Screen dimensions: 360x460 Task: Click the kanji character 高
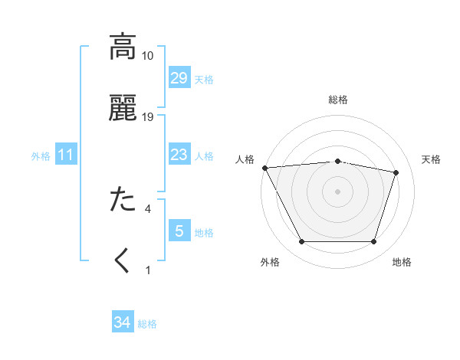123,47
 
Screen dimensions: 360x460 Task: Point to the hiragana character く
123,260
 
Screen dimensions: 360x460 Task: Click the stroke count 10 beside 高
148,56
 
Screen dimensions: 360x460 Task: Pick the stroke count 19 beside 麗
148,116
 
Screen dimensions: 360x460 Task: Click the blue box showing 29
179,78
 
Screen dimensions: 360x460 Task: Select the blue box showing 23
179,155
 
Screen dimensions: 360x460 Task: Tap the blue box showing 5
179,231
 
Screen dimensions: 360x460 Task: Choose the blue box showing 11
66,155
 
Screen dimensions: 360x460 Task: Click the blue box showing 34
122,323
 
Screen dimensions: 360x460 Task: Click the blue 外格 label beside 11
41,156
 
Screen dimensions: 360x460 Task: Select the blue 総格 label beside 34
147,325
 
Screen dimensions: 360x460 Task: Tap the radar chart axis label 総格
338,100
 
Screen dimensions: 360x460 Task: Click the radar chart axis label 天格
432,159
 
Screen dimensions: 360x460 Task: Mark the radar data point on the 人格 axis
264,168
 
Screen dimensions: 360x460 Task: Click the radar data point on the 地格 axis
374,242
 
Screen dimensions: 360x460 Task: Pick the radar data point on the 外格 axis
301,242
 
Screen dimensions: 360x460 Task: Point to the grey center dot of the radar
338,191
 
